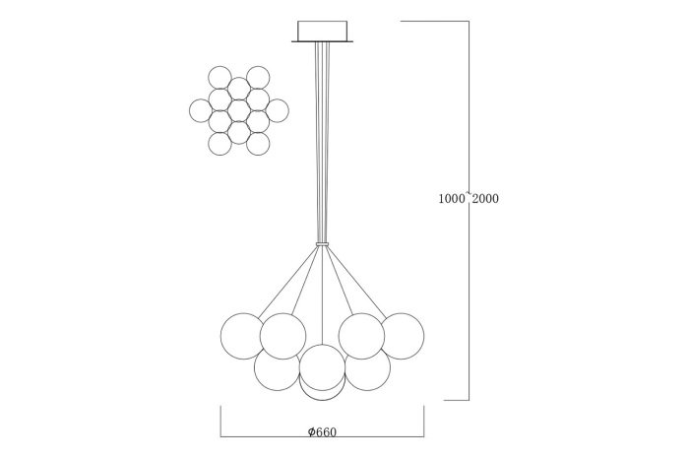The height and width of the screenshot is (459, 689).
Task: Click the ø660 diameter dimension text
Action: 323,432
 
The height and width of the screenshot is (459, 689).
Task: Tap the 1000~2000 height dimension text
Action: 469,198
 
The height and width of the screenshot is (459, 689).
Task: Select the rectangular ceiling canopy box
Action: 323,32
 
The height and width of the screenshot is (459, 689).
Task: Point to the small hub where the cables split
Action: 322,243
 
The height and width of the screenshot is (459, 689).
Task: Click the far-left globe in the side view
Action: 243,336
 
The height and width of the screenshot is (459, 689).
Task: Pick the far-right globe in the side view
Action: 402,336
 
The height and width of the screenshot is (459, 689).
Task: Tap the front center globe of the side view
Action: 322,367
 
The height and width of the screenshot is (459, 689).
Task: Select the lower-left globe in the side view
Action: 277,368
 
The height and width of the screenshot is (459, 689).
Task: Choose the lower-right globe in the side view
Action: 368,368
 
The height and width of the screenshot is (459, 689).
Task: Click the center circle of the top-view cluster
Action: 238,110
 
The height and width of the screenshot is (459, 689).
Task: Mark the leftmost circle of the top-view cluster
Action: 201,110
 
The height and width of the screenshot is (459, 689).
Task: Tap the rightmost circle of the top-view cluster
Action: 278,110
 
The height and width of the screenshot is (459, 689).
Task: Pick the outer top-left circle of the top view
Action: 219,78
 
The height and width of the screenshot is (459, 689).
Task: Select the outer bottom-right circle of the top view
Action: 258,144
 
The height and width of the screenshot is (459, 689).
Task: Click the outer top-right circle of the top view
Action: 258,78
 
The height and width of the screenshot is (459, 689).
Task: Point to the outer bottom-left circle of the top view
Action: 219,144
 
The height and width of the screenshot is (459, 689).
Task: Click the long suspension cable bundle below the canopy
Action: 322,142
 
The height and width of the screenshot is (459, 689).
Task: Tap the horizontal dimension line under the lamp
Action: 322,437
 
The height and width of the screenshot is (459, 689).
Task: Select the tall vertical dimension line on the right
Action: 469,211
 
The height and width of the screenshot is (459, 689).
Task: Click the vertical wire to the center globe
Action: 322,295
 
